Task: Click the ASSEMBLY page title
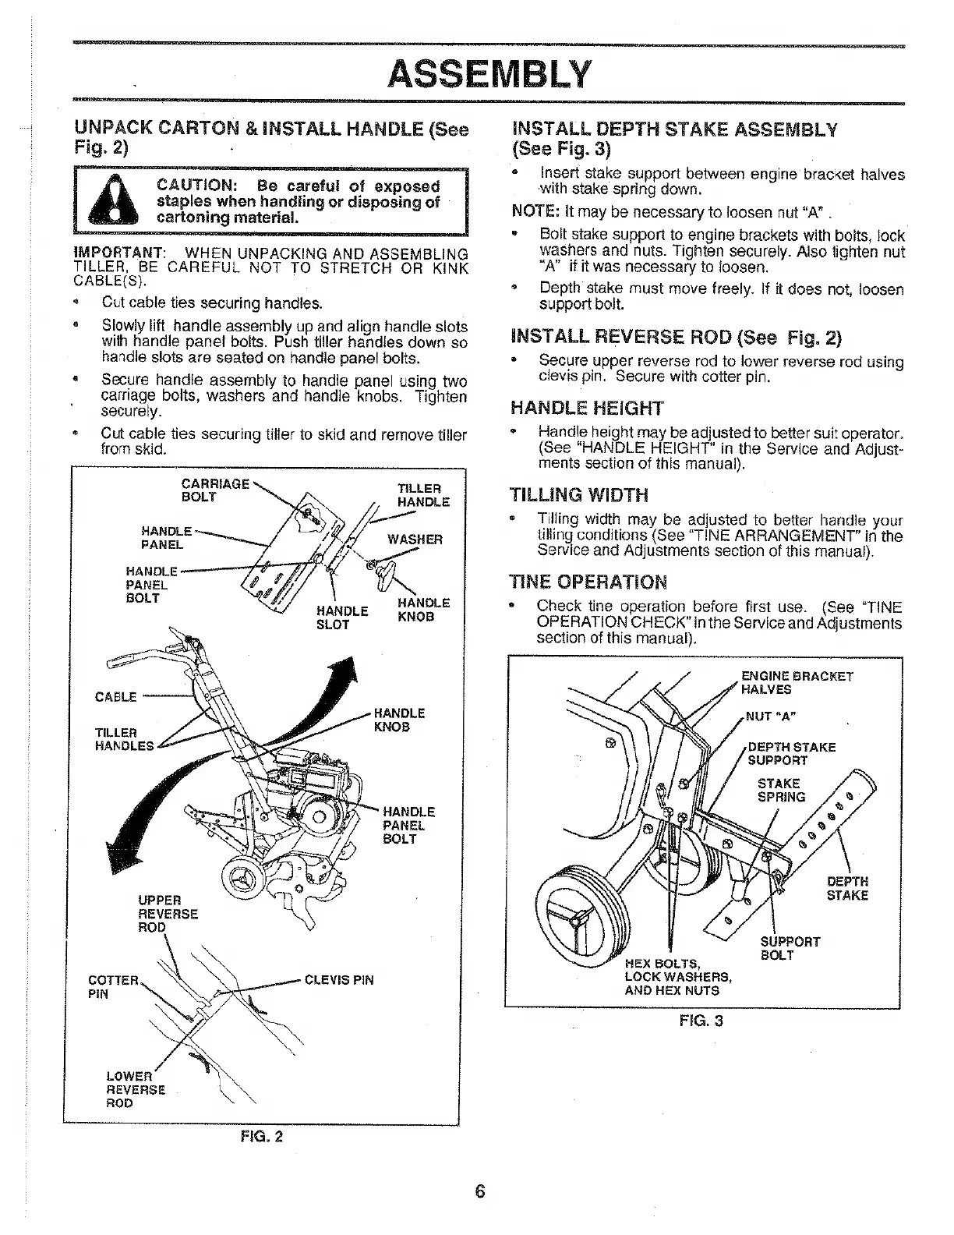point(489,75)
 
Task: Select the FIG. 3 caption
point(701,1019)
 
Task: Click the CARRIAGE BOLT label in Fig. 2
point(214,490)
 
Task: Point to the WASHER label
point(415,540)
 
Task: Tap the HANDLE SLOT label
point(342,617)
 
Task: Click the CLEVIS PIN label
point(339,980)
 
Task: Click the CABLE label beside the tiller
point(115,696)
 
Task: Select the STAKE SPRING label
point(779,790)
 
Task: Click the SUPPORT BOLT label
point(790,948)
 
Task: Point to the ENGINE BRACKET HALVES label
point(796,682)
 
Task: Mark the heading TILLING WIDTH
point(578,495)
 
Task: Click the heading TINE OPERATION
point(588,582)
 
